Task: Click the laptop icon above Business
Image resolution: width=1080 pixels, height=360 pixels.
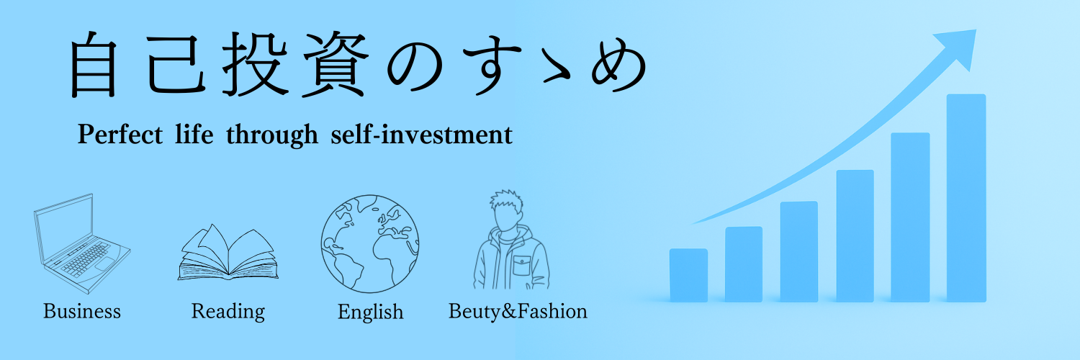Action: (x=82, y=243)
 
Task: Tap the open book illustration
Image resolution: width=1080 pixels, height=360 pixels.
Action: (x=228, y=252)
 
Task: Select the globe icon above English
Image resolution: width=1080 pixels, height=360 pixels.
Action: (x=370, y=244)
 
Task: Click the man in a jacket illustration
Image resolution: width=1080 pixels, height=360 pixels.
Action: (x=511, y=240)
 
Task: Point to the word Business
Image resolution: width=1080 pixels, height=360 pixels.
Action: (x=82, y=311)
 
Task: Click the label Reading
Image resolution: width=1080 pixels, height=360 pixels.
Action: (x=228, y=312)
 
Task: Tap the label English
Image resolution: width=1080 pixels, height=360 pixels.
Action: (x=370, y=312)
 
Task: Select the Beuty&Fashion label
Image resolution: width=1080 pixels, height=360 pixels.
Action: (x=518, y=311)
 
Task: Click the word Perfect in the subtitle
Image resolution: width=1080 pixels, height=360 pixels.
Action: (x=120, y=134)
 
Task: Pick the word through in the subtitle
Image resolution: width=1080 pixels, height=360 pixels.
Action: (x=272, y=135)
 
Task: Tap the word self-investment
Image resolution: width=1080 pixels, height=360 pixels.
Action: (x=421, y=134)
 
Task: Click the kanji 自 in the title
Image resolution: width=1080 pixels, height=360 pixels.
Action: (x=94, y=65)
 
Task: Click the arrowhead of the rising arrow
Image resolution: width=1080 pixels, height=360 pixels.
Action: (x=957, y=48)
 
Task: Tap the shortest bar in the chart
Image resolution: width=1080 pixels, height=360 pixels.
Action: (x=688, y=275)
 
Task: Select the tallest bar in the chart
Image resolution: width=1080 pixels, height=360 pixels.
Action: (x=966, y=198)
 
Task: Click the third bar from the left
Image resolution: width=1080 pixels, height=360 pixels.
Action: (x=799, y=251)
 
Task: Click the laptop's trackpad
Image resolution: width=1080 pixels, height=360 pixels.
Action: (x=104, y=264)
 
